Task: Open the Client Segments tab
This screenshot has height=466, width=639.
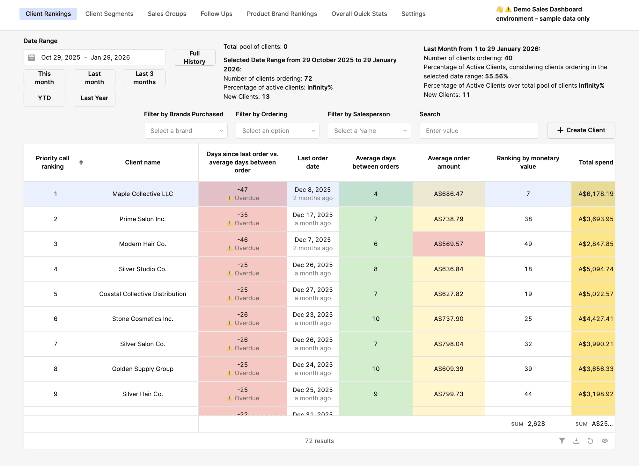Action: click(109, 14)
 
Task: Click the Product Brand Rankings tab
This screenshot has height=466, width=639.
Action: click(282, 14)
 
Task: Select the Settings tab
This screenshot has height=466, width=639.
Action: click(413, 14)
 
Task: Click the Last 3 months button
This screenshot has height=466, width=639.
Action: click(144, 78)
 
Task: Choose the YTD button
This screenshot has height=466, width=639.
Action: click(44, 98)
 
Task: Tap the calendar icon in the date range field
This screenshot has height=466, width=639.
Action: click(32, 57)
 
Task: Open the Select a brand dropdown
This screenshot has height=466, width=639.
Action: click(186, 131)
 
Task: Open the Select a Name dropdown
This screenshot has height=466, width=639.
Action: click(369, 131)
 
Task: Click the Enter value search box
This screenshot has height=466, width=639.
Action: click(479, 131)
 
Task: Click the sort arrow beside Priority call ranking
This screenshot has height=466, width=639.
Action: click(81, 163)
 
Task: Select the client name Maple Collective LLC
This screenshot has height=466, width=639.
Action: click(143, 194)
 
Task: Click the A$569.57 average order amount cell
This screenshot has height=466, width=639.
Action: click(448, 244)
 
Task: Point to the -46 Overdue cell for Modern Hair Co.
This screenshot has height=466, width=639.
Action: click(242, 244)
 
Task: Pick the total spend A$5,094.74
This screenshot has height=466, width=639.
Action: click(595, 269)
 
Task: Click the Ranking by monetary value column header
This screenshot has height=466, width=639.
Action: click(528, 162)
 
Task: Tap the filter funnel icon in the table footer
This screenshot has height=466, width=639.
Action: click(562, 441)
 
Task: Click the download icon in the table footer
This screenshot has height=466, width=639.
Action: click(576, 441)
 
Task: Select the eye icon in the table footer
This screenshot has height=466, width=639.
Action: click(605, 441)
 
